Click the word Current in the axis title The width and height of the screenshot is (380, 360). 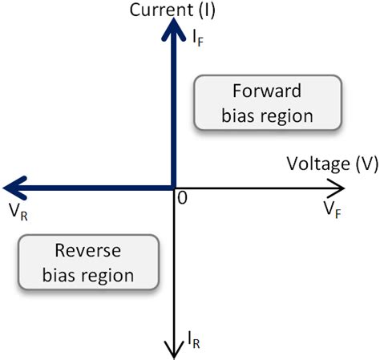tap(161, 10)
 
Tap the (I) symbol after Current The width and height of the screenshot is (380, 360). tap(207, 10)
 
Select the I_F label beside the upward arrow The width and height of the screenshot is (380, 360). tap(198, 38)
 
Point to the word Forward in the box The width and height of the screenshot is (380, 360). tap(267, 91)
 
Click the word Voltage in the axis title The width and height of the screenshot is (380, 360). tap(318, 164)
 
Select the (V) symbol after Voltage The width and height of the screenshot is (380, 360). tap(367, 164)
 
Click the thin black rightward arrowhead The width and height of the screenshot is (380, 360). tap(336, 188)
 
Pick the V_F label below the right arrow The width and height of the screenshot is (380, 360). tap(333, 210)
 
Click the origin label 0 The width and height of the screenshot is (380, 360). tap(183, 198)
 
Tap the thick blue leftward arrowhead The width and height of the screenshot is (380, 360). tap(15, 188)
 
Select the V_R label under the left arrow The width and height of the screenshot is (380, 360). tap(18, 212)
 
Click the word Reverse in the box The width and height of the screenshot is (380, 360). tap(88, 251)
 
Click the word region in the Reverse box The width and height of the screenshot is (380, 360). tap(107, 277)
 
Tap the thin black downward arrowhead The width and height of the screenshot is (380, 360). tap(174, 350)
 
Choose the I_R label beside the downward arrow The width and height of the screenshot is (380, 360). tap(194, 340)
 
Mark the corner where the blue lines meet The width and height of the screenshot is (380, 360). tap(173, 188)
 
